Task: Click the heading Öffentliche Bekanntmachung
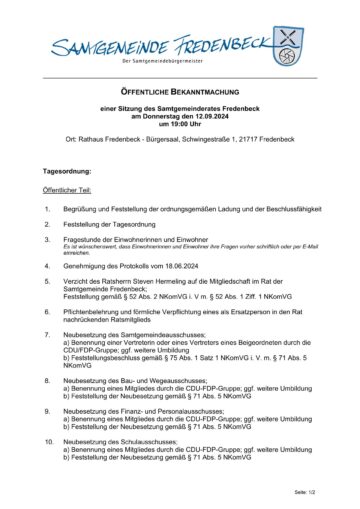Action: (179, 89)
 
